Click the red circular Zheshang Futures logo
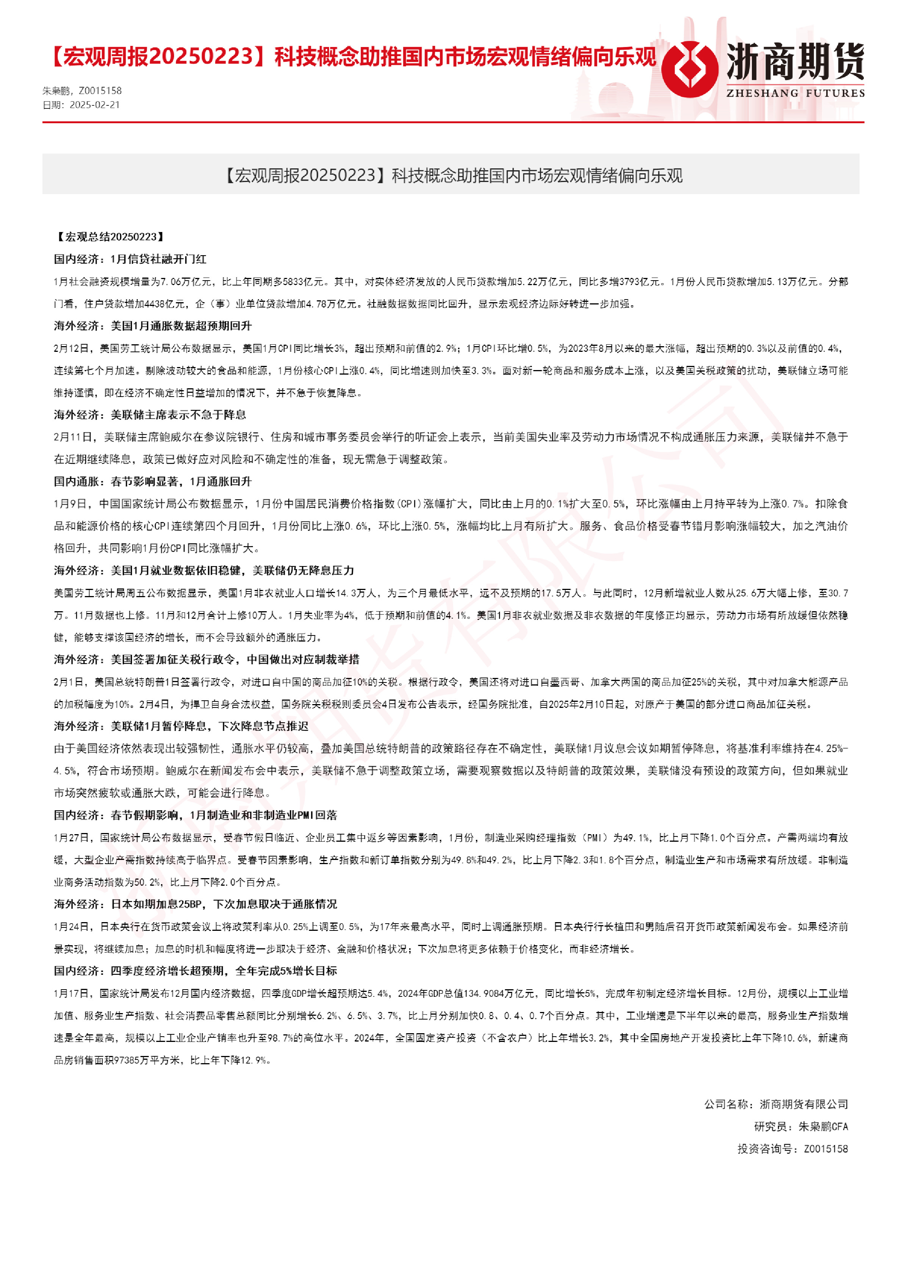(x=689, y=69)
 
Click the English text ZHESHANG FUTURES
(x=795, y=93)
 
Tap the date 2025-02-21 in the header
(x=94, y=105)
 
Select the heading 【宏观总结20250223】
(x=111, y=237)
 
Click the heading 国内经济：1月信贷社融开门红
(x=130, y=259)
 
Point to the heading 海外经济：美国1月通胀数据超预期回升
(x=153, y=326)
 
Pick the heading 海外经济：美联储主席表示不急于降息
(x=150, y=415)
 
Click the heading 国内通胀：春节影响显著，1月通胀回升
(x=153, y=482)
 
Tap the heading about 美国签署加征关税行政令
(x=207, y=660)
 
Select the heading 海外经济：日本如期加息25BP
(x=196, y=904)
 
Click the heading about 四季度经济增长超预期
(x=196, y=971)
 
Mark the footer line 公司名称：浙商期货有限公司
(x=776, y=1104)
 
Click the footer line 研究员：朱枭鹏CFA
(x=801, y=1127)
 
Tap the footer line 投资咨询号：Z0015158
(x=792, y=1149)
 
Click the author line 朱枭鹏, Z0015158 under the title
(x=82, y=91)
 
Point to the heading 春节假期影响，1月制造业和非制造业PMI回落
(x=196, y=815)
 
